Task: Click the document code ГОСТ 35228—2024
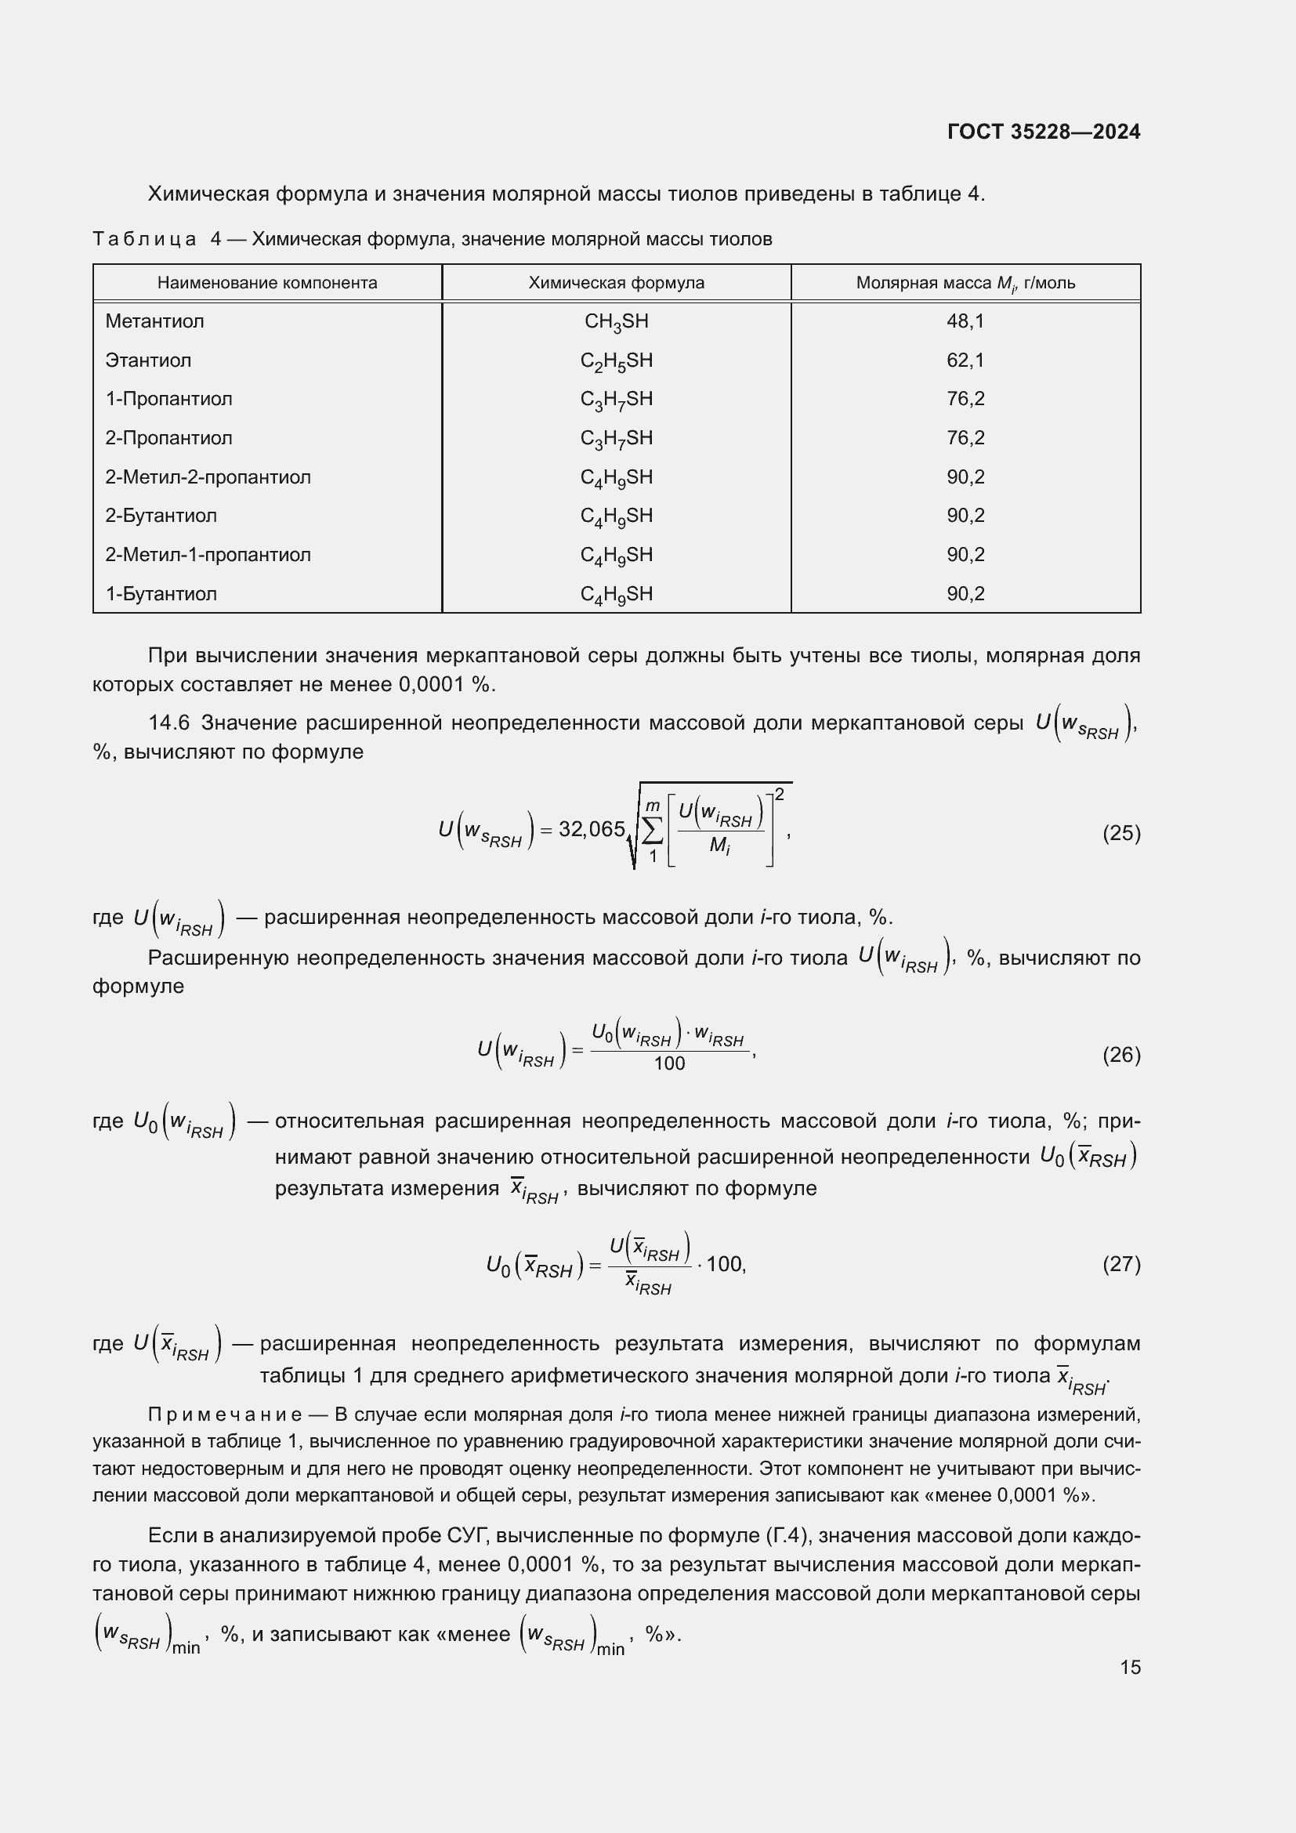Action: pyautogui.click(x=1043, y=132)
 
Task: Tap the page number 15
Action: pyautogui.click(x=1130, y=1667)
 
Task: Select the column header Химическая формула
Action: pyautogui.click(x=616, y=283)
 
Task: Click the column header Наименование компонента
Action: pyautogui.click(x=266, y=283)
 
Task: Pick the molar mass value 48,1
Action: pyautogui.click(x=965, y=321)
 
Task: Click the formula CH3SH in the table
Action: pyautogui.click(x=616, y=322)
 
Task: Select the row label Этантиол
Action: pyautogui.click(x=148, y=360)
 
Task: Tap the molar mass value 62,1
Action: pyautogui.click(x=965, y=360)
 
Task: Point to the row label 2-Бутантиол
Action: pyautogui.click(x=161, y=516)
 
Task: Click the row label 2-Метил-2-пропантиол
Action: pyautogui.click(x=208, y=476)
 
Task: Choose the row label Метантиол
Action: pyautogui.click(x=155, y=321)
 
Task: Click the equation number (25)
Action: pyautogui.click(x=1121, y=834)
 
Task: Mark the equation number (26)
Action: pyautogui.click(x=1121, y=1055)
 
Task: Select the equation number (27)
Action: pyautogui.click(x=1121, y=1264)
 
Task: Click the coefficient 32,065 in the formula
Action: pyautogui.click(x=592, y=829)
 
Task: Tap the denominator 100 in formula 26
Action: pyautogui.click(x=668, y=1063)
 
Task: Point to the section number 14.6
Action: pyautogui.click(x=168, y=723)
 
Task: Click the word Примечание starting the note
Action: pyautogui.click(x=225, y=1415)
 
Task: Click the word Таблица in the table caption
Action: pyautogui.click(x=144, y=239)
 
